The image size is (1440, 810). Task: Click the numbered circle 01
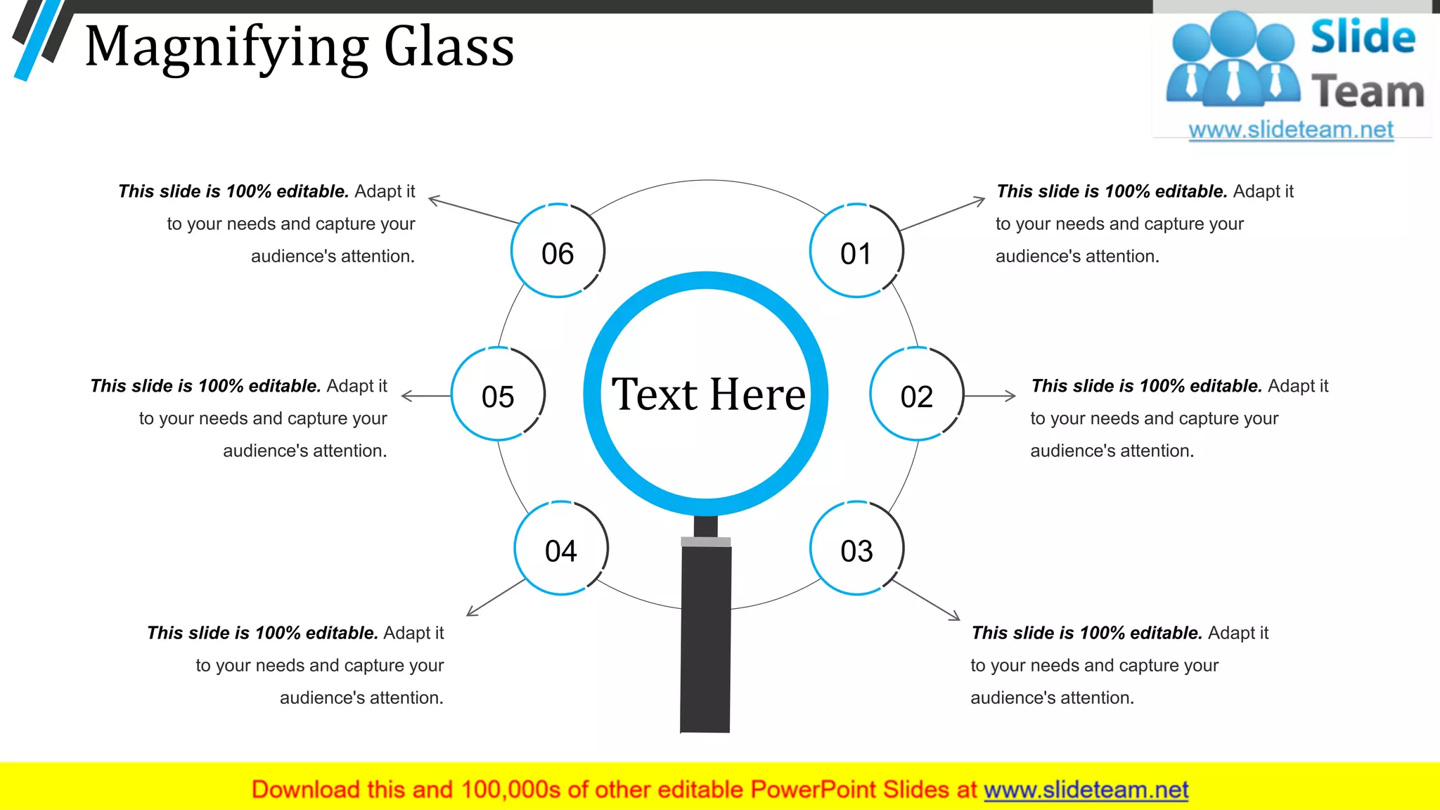[856, 251]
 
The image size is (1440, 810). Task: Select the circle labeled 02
[916, 394]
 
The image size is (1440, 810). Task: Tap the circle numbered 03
[856, 548]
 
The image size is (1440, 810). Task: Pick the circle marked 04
[560, 548]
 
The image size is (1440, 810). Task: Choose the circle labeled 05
[498, 394]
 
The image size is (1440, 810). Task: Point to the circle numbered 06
[558, 251]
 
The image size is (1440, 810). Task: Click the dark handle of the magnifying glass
[705, 640]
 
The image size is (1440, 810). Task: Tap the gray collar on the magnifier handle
[706, 541]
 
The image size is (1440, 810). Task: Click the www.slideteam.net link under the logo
[1291, 130]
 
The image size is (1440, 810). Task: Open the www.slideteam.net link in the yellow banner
[1086, 790]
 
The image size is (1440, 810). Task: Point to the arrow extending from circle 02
[990, 396]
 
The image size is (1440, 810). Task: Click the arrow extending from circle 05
[426, 396]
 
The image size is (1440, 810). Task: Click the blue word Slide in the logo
[1363, 37]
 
